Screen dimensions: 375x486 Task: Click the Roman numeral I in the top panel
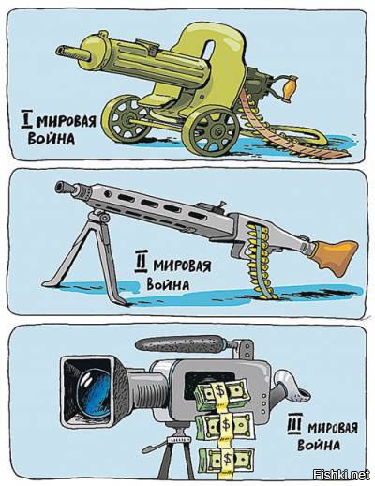(26, 119)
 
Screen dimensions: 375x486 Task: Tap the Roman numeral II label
(141, 262)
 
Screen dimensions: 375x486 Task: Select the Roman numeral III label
(294, 424)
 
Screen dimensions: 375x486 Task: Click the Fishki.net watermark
(341, 475)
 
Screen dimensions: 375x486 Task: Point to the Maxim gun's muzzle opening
(61, 51)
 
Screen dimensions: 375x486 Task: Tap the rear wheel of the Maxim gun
(126, 118)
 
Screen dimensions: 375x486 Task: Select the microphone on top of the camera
(180, 345)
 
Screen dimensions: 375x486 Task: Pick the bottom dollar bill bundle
(225, 460)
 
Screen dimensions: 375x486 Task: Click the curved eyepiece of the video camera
(291, 387)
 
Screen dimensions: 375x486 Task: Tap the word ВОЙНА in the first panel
(52, 139)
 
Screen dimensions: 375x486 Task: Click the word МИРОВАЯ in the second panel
(182, 266)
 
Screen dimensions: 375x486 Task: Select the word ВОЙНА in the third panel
(319, 444)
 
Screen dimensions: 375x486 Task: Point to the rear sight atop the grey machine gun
(221, 205)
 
